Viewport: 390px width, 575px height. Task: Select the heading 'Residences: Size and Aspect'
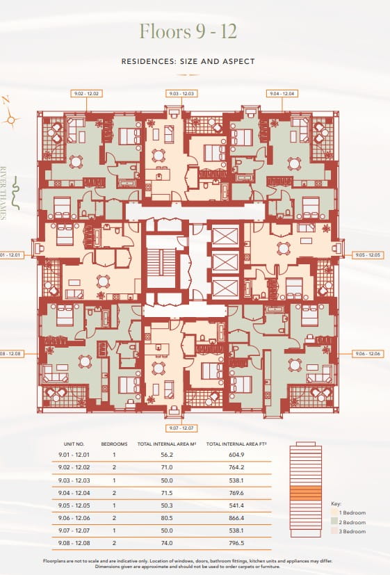(188, 61)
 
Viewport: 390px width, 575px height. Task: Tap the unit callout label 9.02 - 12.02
(86, 93)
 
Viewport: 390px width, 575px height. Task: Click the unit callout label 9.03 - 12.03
(181, 93)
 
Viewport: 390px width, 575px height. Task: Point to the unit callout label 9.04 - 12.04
(282, 93)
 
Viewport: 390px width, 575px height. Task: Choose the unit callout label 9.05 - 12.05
(368, 255)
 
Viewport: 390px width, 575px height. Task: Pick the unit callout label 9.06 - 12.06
(368, 354)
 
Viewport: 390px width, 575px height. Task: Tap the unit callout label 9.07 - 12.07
(181, 428)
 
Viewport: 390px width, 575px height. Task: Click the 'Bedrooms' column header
(113, 443)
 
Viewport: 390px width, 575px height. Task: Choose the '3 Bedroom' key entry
(352, 531)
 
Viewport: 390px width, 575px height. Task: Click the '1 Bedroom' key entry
(352, 512)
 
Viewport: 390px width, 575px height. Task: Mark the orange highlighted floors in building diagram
(305, 494)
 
